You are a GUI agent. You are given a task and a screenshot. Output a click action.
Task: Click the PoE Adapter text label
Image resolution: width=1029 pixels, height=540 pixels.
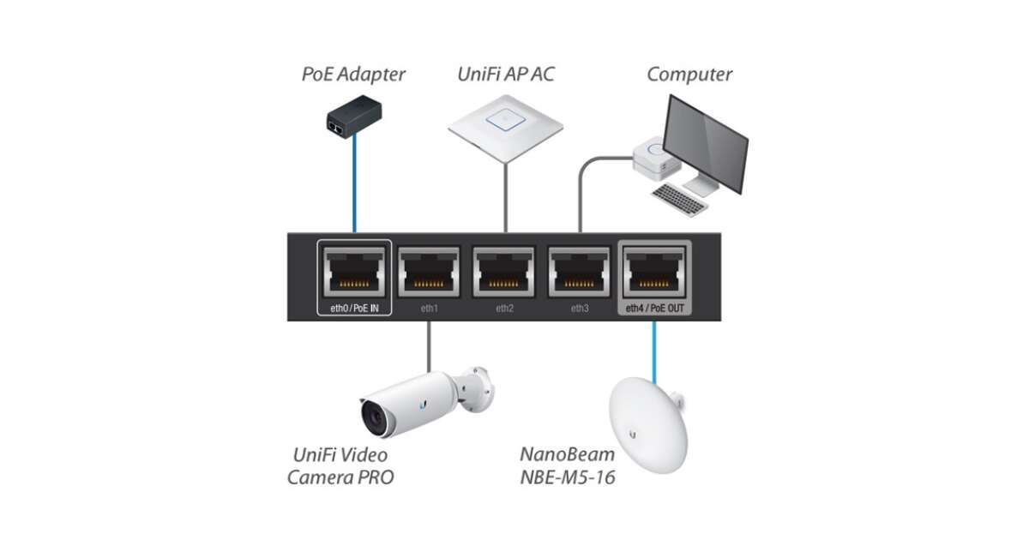pyautogui.click(x=353, y=74)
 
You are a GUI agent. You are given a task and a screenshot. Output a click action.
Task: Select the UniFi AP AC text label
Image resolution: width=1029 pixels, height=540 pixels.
pyautogui.click(x=505, y=74)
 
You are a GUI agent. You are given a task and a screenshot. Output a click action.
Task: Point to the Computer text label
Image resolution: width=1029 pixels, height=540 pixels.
pyautogui.click(x=689, y=74)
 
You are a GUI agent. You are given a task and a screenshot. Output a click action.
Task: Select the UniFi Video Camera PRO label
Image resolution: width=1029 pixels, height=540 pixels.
pyautogui.click(x=342, y=465)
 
